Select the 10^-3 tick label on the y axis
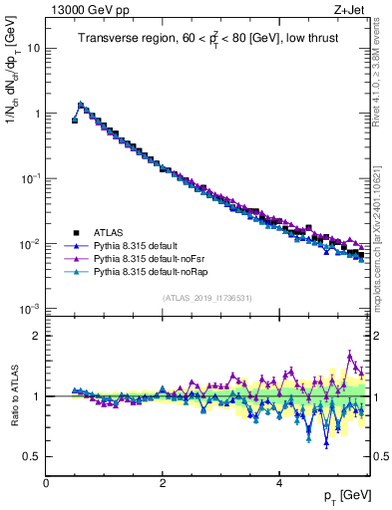[30, 309]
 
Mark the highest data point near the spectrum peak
[81, 104]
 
